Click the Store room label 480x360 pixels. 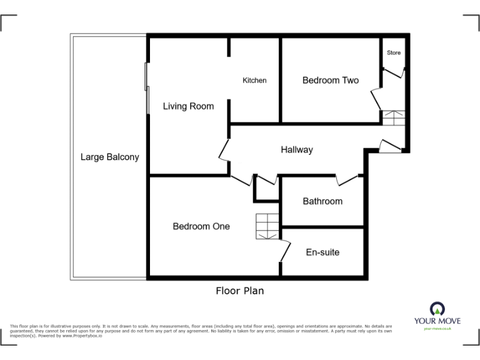(x=394, y=53)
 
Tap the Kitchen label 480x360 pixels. (x=254, y=81)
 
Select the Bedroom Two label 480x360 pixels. (x=331, y=80)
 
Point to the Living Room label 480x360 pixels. (x=188, y=106)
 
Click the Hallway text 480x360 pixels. (x=297, y=150)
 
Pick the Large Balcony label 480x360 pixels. (x=110, y=157)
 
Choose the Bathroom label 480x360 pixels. (x=322, y=201)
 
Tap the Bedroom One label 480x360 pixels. (x=201, y=226)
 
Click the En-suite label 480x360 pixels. (x=322, y=252)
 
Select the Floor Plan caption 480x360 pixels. (x=240, y=291)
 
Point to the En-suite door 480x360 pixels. (x=284, y=251)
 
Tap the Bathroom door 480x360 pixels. (x=348, y=180)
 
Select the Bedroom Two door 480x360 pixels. (x=376, y=99)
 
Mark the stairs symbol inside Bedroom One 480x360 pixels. (x=267, y=226)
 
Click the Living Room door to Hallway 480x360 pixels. (x=224, y=150)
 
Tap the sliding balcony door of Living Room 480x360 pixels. (x=147, y=87)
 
